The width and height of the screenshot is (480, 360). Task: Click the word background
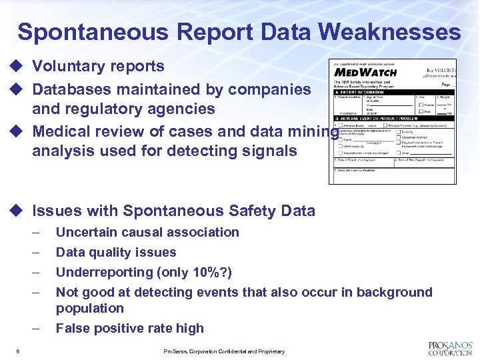(394, 292)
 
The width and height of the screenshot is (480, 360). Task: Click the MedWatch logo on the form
(365, 72)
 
